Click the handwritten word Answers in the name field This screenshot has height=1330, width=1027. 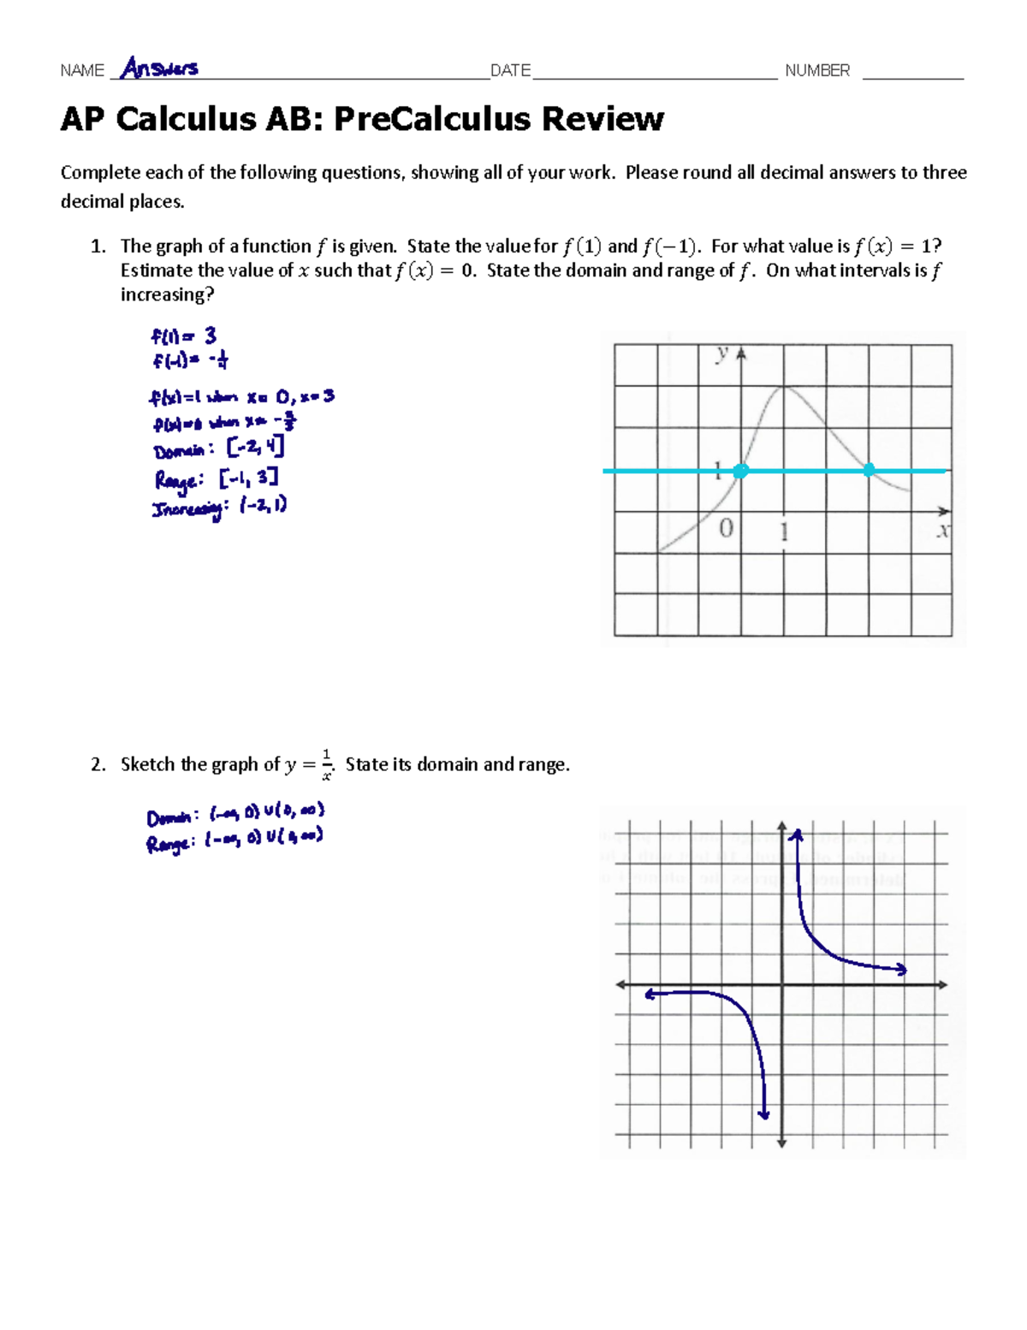point(159,68)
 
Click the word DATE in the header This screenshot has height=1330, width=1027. point(510,71)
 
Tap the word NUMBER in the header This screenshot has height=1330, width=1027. point(817,71)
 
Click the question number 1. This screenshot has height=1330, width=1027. point(98,246)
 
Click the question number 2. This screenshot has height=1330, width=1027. point(98,764)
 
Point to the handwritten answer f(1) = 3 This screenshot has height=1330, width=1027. point(183,335)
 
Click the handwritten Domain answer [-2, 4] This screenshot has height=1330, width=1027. point(255,448)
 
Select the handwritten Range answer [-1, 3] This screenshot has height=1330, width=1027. point(248,478)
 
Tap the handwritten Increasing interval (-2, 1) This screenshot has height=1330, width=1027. point(264,506)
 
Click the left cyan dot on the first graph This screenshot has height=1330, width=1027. point(741,471)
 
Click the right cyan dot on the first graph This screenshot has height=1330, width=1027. point(869,470)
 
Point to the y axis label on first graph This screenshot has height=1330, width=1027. point(723,353)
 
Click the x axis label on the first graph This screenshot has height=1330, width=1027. point(942,531)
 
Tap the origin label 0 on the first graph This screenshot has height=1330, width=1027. point(726,529)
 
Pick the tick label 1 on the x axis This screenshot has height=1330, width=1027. point(784,532)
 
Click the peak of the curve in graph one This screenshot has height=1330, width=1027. point(784,389)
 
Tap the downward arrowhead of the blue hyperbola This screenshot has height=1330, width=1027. point(763,1113)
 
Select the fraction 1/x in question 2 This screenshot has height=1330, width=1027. point(326,763)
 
